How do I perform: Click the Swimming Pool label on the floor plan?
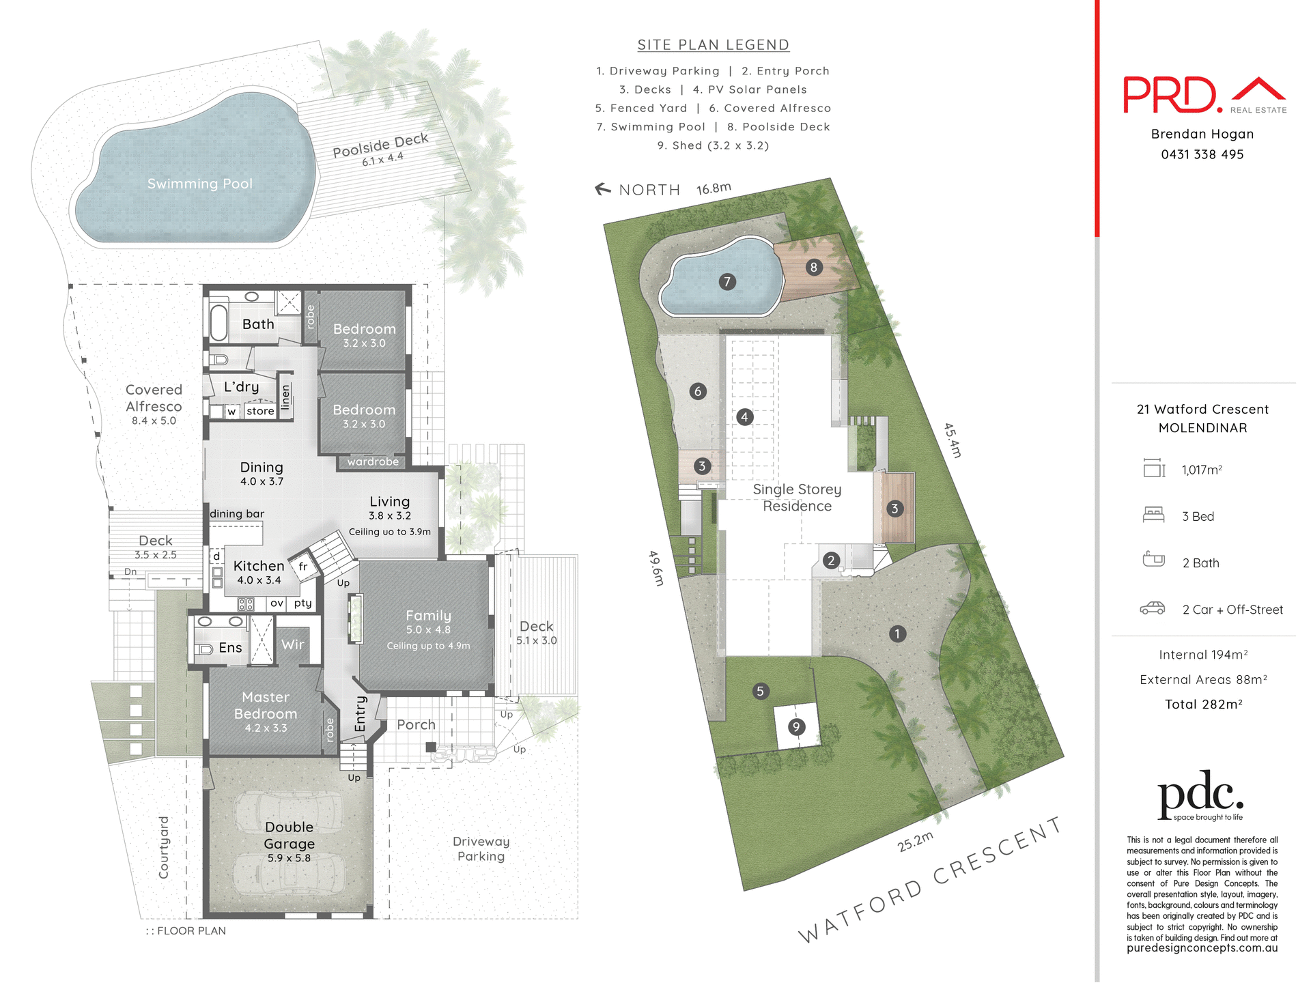click(199, 184)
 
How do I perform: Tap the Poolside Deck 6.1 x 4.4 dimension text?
click(382, 159)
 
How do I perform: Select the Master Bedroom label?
click(266, 706)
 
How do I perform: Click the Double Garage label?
click(290, 836)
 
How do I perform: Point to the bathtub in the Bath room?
click(218, 323)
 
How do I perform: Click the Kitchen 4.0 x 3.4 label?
click(259, 572)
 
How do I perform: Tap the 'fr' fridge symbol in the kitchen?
click(303, 567)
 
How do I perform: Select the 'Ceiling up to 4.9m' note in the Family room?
click(428, 646)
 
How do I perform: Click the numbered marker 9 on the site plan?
click(795, 727)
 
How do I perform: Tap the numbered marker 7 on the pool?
click(727, 281)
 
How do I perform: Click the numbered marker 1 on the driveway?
click(897, 633)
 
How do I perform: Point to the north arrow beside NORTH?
click(603, 189)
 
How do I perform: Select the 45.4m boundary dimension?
click(953, 440)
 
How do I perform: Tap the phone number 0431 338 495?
click(1202, 155)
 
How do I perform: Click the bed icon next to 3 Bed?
click(1153, 515)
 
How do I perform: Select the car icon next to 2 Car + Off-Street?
click(1153, 608)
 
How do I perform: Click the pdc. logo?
click(1200, 795)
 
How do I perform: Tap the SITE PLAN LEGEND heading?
click(713, 45)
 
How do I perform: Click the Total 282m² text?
click(1203, 704)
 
